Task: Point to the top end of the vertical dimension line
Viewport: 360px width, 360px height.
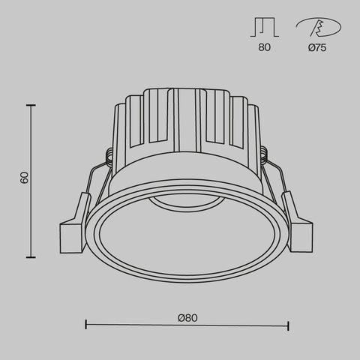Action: pos(31,106)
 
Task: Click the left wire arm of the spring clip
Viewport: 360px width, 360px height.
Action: pos(93,183)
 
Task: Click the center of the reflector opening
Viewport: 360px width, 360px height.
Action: pos(187,238)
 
